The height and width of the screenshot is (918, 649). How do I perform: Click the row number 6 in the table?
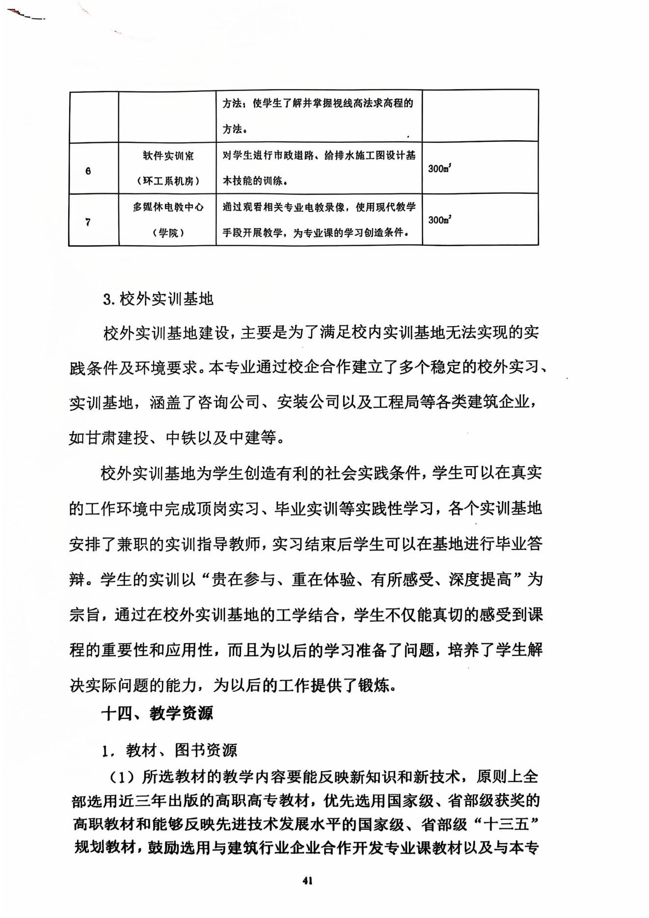click(x=88, y=171)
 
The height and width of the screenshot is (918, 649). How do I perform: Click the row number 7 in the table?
click(x=88, y=222)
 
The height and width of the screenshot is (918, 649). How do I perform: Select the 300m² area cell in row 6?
click(x=439, y=168)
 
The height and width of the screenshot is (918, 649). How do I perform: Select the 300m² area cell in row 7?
click(x=439, y=220)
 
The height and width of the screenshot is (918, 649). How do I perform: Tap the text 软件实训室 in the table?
click(x=168, y=156)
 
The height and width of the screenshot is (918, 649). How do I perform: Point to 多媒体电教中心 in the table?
click(x=168, y=207)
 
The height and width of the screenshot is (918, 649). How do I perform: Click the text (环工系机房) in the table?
click(x=168, y=181)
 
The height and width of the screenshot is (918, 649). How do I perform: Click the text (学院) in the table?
click(x=168, y=233)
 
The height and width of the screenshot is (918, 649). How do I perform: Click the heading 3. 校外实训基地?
click(x=158, y=299)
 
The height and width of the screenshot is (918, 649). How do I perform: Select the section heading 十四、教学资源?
click(x=157, y=713)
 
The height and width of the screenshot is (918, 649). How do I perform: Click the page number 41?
click(x=308, y=881)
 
